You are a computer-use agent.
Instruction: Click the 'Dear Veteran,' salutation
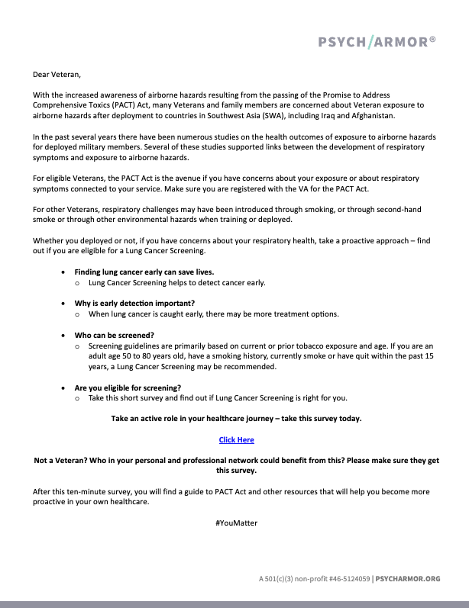click(x=56, y=75)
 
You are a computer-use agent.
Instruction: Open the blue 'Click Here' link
click(x=236, y=439)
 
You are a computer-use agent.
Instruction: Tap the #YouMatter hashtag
click(x=236, y=523)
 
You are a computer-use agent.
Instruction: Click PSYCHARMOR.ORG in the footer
click(x=408, y=579)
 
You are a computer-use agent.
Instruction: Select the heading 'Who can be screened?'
click(x=114, y=335)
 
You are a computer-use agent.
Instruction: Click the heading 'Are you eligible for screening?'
click(x=128, y=388)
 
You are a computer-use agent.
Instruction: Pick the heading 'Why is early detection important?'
click(x=134, y=303)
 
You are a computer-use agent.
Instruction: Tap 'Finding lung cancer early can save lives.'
click(x=144, y=272)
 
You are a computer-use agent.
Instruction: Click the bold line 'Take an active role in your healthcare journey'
click(x=236, y=419)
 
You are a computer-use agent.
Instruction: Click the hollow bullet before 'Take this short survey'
click(x=78, y=398)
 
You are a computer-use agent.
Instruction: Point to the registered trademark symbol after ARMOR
click(x=433, y=37)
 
